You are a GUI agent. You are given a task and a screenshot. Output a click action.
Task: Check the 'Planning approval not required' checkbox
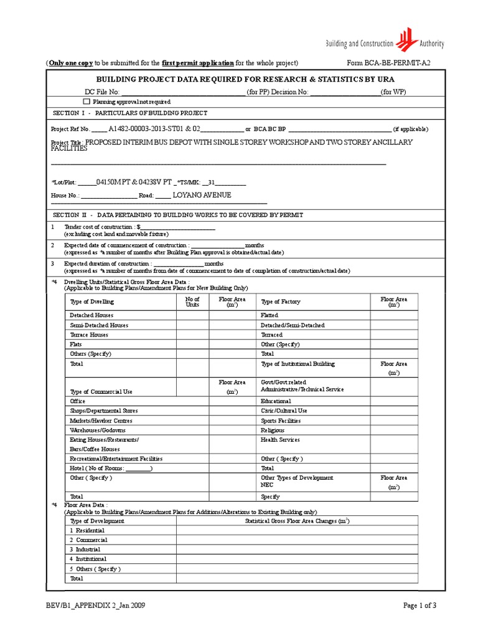coord(87,101)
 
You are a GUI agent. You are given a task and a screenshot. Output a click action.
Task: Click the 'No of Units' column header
coord(192,302)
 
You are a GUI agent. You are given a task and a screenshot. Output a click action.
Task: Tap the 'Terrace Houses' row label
coord(89,335)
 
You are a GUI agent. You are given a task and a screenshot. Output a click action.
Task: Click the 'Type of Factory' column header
coord(280,302)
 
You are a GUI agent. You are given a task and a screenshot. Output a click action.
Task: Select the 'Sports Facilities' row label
coord(281,421)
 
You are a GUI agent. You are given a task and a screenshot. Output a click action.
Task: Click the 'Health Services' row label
coord(280,440)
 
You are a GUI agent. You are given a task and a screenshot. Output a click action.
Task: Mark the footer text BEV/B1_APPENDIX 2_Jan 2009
coord(96,605)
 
